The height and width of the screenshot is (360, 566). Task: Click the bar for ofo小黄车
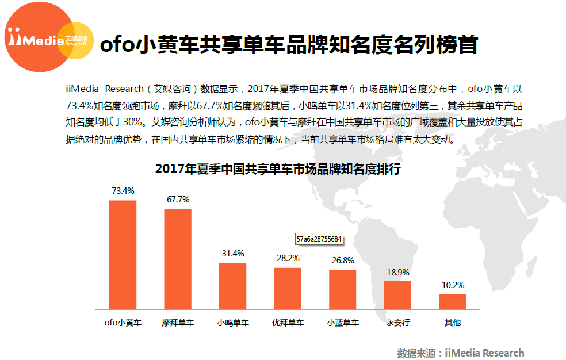click(x=123, y=255)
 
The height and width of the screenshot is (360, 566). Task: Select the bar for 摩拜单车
click(x=178, y=259)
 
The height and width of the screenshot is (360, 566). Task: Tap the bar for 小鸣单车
click(x=232, y=286)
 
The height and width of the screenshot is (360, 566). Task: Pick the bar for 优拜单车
click(x=288, y=288)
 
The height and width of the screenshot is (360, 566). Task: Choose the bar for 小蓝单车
click(x=343, y=289)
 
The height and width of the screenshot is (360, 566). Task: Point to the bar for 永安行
click(x=397, y=295)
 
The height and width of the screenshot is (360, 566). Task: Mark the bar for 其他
click(x=453, y=302)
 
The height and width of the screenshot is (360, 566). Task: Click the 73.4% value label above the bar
click(x=123, y=190)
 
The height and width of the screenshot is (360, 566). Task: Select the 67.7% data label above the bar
click(x=178, y=199)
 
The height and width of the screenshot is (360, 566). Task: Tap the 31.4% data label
click(x=232, y=253)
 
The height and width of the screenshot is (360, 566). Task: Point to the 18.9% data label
click(x=397, y=272)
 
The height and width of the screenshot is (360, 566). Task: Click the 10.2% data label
click(x=453, y=285)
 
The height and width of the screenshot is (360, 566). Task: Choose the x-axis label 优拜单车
click(x=288, y=323)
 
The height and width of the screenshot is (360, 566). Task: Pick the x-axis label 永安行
click(x=397, y=323)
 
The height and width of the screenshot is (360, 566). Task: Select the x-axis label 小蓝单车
click(x=343, y=323)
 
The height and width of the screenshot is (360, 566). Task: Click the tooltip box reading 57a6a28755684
click(x=319, y=238)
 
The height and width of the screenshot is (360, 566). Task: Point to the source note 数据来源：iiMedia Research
click(x=460, y=353)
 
